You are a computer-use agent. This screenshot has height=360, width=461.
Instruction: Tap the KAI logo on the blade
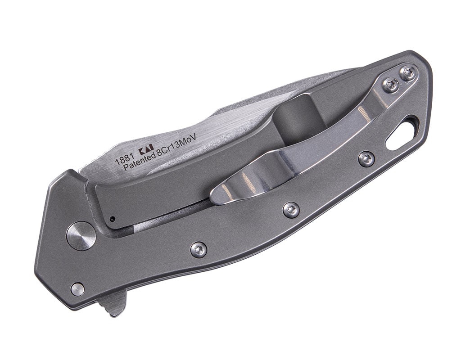(146, 150)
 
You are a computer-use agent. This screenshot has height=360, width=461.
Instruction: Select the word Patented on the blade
(139, 164)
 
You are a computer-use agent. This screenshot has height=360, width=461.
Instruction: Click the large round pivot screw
(81, 236)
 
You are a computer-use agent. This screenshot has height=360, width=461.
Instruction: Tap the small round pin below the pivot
(77, 289)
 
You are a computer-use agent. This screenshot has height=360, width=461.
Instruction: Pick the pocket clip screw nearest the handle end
(408, 73)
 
